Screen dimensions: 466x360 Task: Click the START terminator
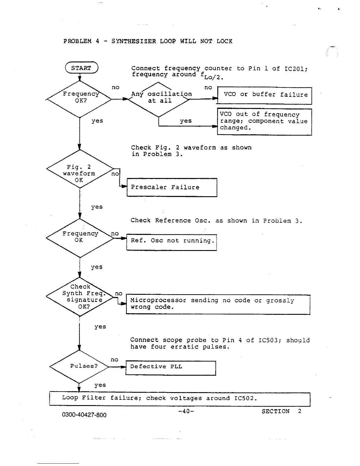coord(81,68)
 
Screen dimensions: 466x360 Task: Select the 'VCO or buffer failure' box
coord(264,95)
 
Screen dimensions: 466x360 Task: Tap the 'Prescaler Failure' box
coord(172,187)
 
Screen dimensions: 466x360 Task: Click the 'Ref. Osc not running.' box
coord(171,242)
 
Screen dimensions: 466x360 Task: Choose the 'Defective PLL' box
coord(171,368)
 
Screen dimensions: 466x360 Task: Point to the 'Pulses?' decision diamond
coord(79,367)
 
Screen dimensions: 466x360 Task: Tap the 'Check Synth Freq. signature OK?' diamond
coord(80,297)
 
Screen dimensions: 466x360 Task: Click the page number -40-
coord(186,411)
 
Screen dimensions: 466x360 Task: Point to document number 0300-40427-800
coord(84,415)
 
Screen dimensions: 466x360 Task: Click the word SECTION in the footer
coord(276,411)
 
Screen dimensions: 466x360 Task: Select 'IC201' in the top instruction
coord(295,69)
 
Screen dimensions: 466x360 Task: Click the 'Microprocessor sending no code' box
coord(218,304)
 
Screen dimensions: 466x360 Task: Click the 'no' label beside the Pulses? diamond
coord(114,360)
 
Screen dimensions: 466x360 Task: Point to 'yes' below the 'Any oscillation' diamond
coord(186,121)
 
